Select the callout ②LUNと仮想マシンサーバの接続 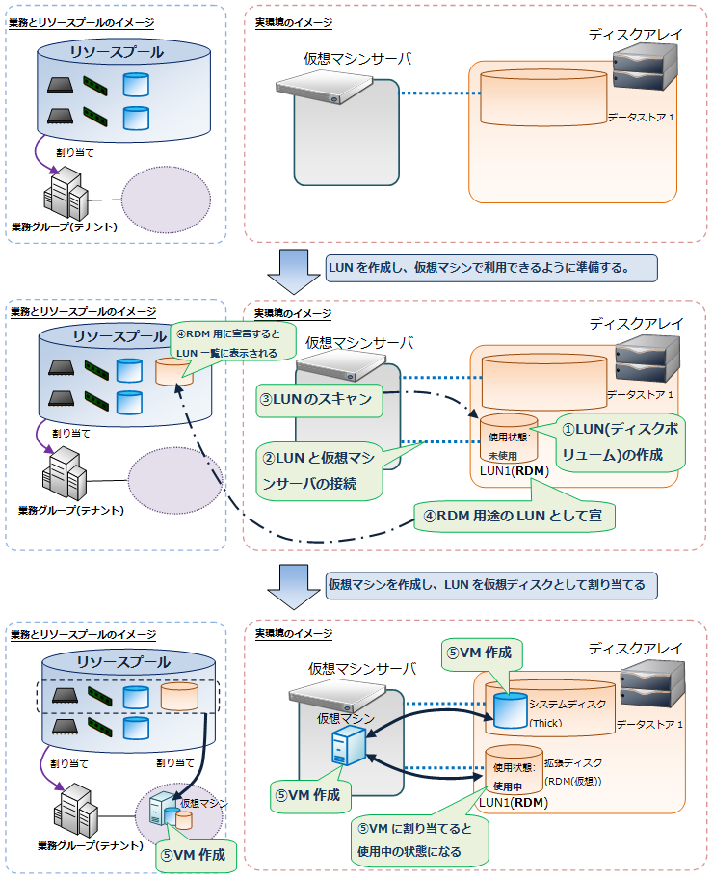321,470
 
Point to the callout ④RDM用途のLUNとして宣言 513,517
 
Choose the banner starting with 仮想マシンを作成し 491,584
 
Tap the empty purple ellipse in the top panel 165,200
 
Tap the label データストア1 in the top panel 641,118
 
